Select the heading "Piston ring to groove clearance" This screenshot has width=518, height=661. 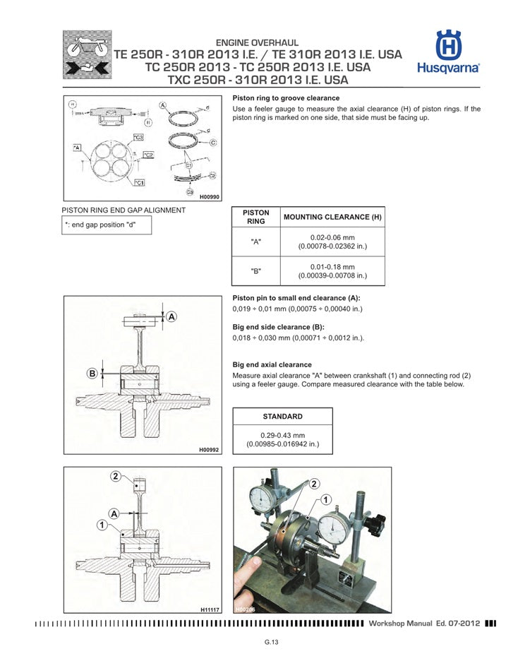[x=286, y=98]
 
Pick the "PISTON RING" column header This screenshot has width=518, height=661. [x=256, y=217]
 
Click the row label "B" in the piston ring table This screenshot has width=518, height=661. [x=256, y=271]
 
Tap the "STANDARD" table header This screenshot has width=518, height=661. [x=282, y=417]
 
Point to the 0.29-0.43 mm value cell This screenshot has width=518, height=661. [x=282, y=440]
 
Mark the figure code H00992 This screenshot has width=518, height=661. [x=209, y=449]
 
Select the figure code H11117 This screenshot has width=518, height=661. [x=209, y=608]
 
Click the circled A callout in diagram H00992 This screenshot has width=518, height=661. [x=171, y=317]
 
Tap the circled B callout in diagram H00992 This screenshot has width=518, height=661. [x=92, y=373]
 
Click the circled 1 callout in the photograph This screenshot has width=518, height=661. [x=326, y=499]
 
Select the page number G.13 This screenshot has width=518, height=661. [x=272, y=642]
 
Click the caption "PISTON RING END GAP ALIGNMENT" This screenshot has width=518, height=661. [x=124, y=210]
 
